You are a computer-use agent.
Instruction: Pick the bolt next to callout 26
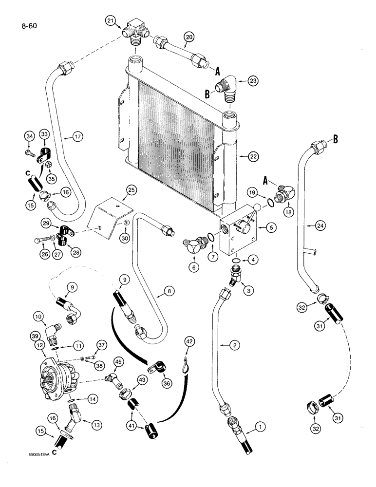(x=41, y=240)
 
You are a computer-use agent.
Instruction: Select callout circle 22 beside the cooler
(x=252, y=157)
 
